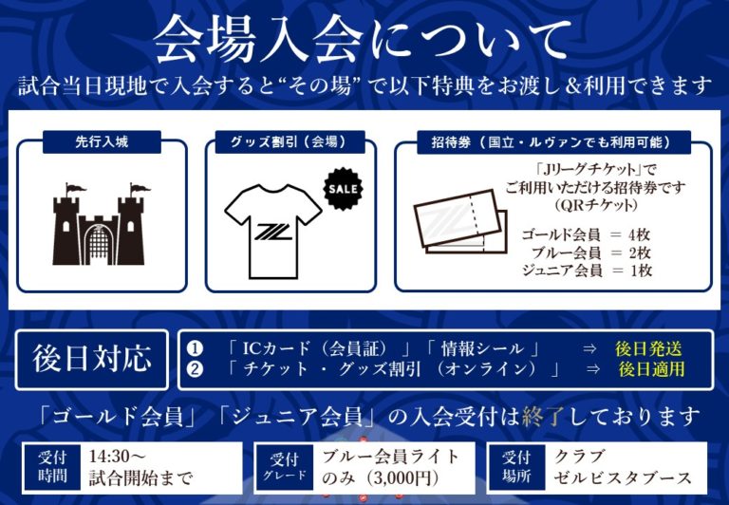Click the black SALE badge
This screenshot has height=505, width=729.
(x=343, y=189)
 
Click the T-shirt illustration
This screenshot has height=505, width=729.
(x=273, y=231)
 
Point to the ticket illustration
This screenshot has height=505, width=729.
(x=460, y=222)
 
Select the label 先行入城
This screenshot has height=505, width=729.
(x=102, y=141)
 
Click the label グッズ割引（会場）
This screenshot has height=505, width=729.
(x=290, y=141)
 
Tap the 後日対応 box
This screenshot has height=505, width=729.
(x=91, y=360)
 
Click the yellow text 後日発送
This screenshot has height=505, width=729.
(x=648, y=348)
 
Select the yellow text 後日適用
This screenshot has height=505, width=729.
(x=651, y=369)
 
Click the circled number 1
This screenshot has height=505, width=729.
(x=195, y=348)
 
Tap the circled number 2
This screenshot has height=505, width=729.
(x=195, y=369)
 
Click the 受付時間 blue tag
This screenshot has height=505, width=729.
(x=52, y=467)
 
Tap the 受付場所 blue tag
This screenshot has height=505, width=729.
(x=516, y=467)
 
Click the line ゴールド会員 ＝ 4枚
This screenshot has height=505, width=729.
(x=585, y=234)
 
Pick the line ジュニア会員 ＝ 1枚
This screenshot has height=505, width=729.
(x=587, y=271)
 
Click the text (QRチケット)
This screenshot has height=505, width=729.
(x=595, y=205)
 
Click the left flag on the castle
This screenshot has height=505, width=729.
(x=75, y=189)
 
